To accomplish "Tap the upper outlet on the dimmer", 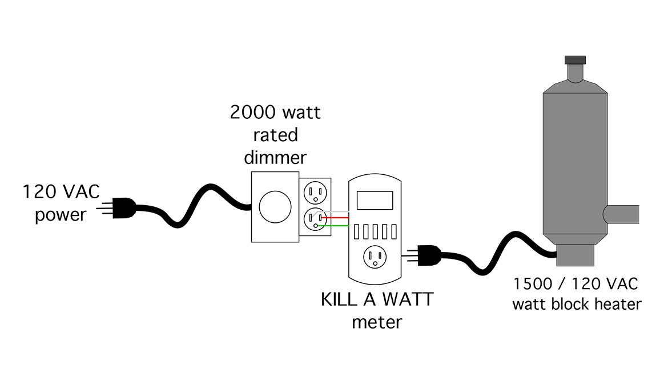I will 314,191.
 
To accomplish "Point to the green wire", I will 337,225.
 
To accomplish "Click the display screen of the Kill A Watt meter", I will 374,200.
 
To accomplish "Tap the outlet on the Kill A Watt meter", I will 375,258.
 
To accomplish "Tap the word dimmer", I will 276,157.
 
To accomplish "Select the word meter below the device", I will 376,322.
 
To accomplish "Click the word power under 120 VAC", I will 61,215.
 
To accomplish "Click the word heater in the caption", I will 617,303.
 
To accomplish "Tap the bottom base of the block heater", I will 576,254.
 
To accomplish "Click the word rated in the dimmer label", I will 276,135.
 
